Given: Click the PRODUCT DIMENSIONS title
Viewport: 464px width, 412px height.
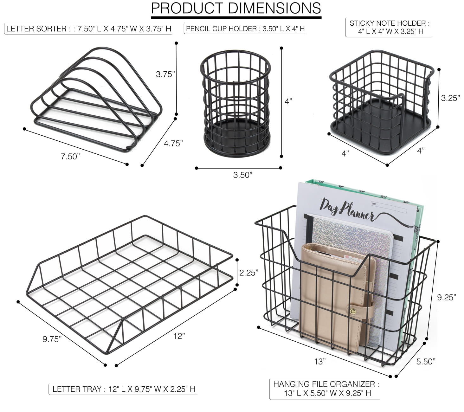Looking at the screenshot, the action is [x=236, y=9].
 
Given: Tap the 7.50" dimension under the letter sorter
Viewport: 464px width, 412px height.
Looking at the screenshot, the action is [x=70, y=157].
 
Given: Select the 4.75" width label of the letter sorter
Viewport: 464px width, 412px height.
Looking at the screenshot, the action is [x=173, y=144].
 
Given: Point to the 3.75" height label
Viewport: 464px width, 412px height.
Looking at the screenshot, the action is [x=165, y=74].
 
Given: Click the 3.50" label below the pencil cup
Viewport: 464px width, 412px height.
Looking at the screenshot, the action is [x=243, y=175].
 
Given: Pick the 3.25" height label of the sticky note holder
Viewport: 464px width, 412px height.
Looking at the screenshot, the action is [x=450, y=98].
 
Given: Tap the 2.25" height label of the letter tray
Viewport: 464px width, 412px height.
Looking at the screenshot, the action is [x=249, y=273].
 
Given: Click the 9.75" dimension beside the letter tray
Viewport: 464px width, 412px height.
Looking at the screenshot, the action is [x=52, y=339].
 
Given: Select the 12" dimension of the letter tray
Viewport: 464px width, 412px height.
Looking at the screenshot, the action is [x=179, y=336].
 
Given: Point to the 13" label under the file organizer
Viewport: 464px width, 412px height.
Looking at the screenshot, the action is [x=320, y=362].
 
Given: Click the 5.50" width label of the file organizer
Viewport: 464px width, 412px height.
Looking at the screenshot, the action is [x=426, y=362].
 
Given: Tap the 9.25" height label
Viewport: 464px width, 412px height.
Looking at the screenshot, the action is [x=447, y=298].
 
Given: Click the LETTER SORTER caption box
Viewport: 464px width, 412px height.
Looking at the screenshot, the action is [x=89, y=29].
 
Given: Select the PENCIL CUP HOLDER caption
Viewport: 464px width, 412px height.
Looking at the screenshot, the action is [x=245, y=29].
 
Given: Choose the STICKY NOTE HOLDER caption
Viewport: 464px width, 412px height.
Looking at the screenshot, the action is [x=389, y=27].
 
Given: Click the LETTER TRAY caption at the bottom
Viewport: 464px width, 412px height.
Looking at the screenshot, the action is [x=124, y=389].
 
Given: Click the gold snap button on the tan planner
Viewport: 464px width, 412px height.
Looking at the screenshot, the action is [x=353, y=311].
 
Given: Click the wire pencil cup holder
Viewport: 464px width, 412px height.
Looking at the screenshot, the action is [x=236, y=104].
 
